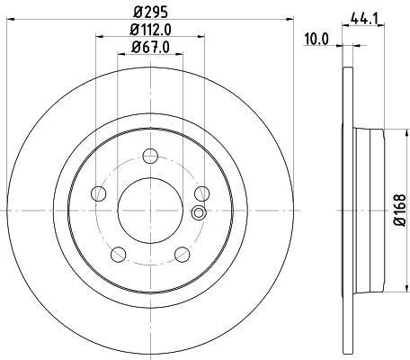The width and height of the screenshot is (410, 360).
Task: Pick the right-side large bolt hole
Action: click(x=201, y=193)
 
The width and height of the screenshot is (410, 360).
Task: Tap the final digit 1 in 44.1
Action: click(x=373, y=16)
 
